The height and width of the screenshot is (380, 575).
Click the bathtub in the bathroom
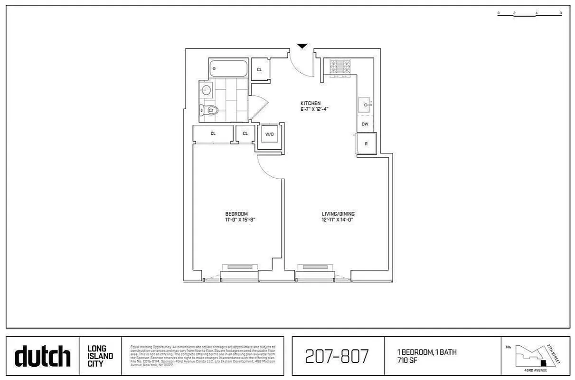(x=228, y=69)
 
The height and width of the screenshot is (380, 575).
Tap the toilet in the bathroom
(x=210, y=111)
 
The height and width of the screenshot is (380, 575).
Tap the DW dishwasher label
(x=365, y=124)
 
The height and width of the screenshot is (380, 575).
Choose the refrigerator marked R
(x=367, y=143)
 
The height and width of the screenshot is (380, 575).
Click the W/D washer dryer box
(x=270, y=134)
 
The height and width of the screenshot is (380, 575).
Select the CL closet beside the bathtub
(x=259, y=70)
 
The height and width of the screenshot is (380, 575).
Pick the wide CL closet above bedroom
(x=213, y=133)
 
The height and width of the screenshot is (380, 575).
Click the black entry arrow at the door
(x=302, y=46)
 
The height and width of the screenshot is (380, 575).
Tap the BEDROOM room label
(x=236, y=214)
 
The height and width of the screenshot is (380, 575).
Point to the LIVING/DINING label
(x=338, y=214)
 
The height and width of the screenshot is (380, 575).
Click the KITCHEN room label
(x=311, y=103)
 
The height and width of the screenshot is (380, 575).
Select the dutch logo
(x=43, y=356)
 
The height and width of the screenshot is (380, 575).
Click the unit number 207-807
(x=338, y=355)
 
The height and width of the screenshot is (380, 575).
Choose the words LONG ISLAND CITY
(x=100, y=356)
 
